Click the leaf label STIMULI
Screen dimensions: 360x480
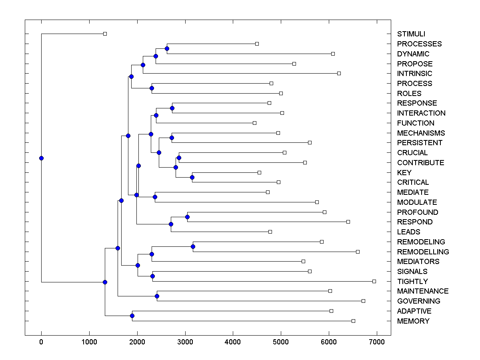pyautogui.click(x=411, y=34)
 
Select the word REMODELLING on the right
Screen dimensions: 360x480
pyautogui.click(x=423, y=252)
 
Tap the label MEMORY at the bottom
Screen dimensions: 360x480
pyautogui.click(x=413, y=321)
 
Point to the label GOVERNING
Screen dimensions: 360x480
pyautogui.click(x=418, y=301)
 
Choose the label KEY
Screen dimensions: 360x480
pyautogui.click(x=404, y=173)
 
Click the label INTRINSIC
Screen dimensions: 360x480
pyautogui.click(x=414, y=74)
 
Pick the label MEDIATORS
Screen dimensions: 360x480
pyautogui.click(x=418, y=262)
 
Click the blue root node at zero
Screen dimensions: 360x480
pyautogui.click(x=41, y=158)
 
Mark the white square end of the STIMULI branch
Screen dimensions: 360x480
pyautogui.click(x=105, y=34)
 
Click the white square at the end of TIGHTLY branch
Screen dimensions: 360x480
pyautogui.click(x=374, y=281)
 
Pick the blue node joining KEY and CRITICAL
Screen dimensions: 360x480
pyautogui.click(x=192, y=177)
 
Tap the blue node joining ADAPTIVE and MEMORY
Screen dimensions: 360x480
pyautogui.click(x=132, y=316)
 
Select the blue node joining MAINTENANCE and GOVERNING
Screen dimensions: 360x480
pyautogui.click(x=157, y=296)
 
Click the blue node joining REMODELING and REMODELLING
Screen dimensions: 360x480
pyautogui.click(x=193, y=246)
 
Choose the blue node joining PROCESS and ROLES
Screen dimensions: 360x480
pyautogui.click(x=152, y=88)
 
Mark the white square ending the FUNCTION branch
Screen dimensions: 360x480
pyautogui.click(x=254, y=123)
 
